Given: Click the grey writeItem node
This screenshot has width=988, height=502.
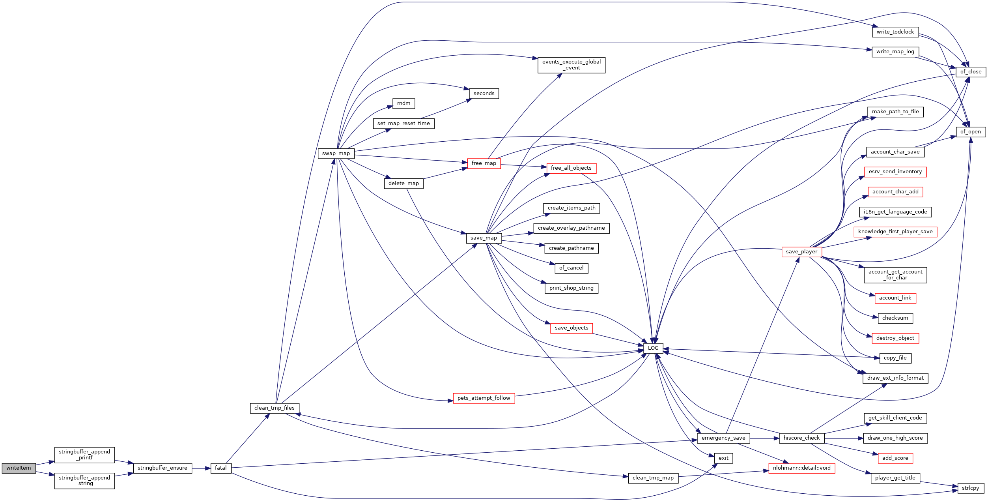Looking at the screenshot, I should tap(19, 468).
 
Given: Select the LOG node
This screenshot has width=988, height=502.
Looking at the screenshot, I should tap(653, 348).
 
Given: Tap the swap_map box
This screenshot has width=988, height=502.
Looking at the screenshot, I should tap(336, 154).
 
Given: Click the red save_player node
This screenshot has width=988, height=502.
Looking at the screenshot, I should tap(801, 252).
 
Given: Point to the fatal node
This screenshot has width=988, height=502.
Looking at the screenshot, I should tap(220, 468).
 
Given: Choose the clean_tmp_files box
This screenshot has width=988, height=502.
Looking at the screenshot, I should tap(275, 408).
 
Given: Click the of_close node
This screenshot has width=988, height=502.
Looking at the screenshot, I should tap(971, 72).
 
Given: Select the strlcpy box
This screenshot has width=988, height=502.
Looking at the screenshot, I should tap(970, 488).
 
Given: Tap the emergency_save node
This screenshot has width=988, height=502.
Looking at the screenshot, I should tap(723, 438).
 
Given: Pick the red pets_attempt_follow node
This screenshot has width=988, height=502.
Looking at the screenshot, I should tap(484, 398).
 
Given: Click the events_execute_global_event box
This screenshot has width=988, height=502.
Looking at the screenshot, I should tap(571, 65).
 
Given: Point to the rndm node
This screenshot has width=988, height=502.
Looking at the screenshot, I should tap(403, 103).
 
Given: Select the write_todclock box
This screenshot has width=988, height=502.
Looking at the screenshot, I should tap(895, 32).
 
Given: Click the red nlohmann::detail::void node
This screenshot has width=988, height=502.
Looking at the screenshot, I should tap(801, 468).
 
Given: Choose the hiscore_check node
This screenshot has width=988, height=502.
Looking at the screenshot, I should tap(801, 438).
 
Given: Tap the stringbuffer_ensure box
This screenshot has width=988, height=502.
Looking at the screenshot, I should tap(162, 468).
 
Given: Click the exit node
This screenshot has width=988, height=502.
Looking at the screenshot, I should tap(723, 458).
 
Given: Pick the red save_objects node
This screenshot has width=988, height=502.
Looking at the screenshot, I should tap(571, 328).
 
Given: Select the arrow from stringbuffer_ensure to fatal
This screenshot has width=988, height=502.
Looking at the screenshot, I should tap(201, 468).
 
